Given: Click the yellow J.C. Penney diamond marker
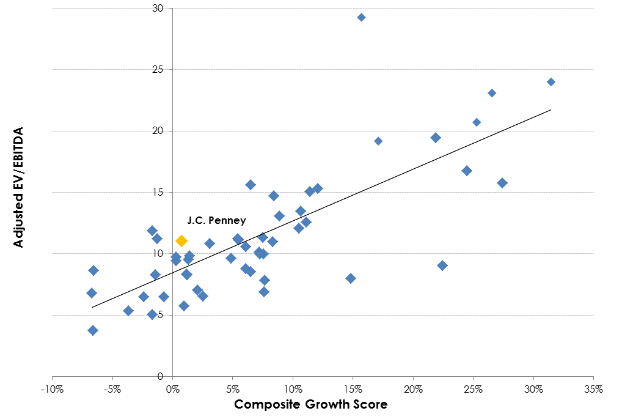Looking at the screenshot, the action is [x=181, y=241].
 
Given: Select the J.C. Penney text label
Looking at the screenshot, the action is [x=216, y=220].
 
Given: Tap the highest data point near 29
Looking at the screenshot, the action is [x=361, y=17].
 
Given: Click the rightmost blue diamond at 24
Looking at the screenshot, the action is [x=551, y=82].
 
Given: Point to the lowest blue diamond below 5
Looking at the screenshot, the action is [x=93, y=330].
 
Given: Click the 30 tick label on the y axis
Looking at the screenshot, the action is [x=158, y=8].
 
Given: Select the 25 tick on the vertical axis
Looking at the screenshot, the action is [x=158, y=70].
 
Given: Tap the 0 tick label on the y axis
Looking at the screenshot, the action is [x=160, y=376].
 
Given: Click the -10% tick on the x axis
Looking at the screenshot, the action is [x=52, y=390].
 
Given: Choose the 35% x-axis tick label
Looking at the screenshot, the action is [x=593, y=390].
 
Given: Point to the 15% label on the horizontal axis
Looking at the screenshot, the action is [x=353, y=390].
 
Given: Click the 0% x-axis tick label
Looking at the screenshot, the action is [x=172, y=390].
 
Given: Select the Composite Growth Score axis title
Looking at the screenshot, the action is [x=311, y=404].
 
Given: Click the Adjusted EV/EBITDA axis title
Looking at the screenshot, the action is [x=18, y=187].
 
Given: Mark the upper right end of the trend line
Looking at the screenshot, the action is [x=551, y=109].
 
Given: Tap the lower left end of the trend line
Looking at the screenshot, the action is [x=92, y=308].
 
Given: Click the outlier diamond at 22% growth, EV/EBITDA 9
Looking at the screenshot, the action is [x=442, y=265].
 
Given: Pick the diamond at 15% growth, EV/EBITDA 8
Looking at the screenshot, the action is [x=351, y=278].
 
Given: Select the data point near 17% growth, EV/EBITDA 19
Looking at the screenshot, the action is [x=378, y=141].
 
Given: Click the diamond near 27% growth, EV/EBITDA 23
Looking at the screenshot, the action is [x=492, y=94].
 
